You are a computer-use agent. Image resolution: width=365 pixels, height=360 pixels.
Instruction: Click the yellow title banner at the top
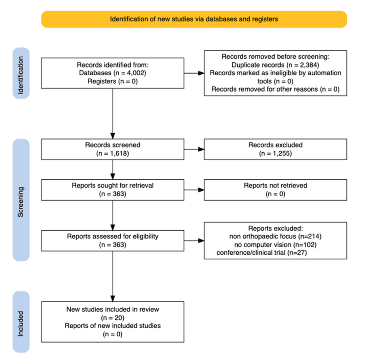[194, 19]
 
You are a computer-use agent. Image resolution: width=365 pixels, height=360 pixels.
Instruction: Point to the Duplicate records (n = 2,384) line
[275, 65]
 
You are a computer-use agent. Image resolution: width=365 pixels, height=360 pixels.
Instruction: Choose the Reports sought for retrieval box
[113, 190]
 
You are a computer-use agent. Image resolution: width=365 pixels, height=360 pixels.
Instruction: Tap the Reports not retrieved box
[275, 190]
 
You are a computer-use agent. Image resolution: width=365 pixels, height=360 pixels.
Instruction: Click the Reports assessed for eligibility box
[113, 240]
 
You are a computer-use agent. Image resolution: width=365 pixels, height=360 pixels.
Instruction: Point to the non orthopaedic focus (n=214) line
[275, 237]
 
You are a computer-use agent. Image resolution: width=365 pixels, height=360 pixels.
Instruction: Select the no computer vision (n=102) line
[275, 245]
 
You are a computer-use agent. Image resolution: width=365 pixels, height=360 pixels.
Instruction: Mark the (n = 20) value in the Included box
[113, 317]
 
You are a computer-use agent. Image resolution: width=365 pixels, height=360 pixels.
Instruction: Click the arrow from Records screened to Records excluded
[194, 150]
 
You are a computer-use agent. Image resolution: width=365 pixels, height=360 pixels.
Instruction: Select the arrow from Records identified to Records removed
[194, 73]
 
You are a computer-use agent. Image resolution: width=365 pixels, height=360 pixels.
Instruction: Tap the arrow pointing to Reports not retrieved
[194, 190]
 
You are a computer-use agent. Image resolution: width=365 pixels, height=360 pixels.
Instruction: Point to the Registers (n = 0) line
[113, 81]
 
